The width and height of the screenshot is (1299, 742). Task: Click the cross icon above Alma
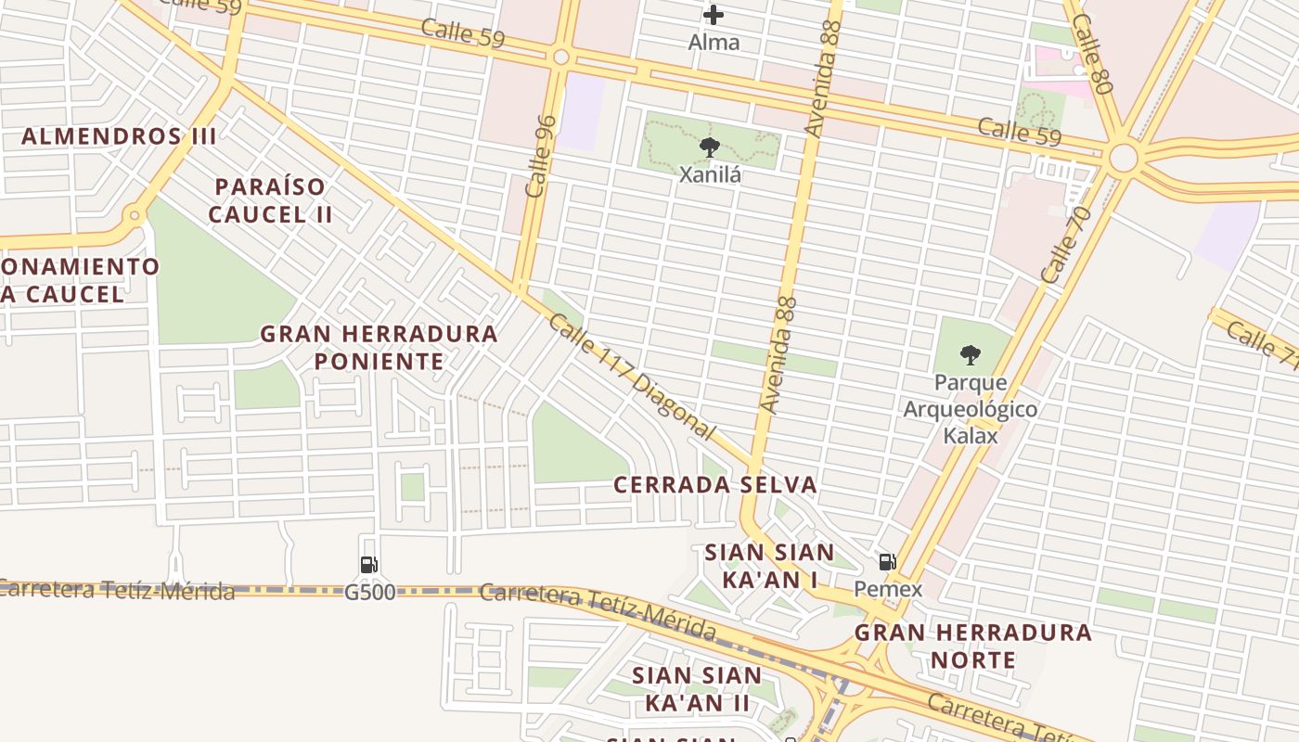713,14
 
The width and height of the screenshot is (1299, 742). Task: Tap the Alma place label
714,42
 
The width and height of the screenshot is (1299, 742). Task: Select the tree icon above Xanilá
710,147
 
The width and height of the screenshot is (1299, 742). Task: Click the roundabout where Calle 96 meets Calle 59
560,57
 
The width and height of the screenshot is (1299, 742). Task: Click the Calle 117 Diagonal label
632,377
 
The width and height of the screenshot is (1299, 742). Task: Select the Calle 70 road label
1066,244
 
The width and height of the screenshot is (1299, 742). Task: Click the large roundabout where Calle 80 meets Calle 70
1123,158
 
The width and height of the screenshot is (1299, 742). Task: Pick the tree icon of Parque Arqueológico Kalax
970,353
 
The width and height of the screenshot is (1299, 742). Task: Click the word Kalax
971,435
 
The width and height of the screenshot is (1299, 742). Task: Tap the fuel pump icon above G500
369,564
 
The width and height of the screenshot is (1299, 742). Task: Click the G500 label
369,592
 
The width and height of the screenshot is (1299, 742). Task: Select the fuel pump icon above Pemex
887,560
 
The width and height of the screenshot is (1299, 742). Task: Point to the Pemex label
888,589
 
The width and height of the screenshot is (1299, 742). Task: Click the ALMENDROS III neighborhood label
119,136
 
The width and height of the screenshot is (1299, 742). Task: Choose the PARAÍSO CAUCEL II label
270,200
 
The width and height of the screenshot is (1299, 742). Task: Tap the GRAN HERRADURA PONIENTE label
379,347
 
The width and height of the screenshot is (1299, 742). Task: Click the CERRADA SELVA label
715,484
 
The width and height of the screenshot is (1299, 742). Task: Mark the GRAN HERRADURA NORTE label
972,646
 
